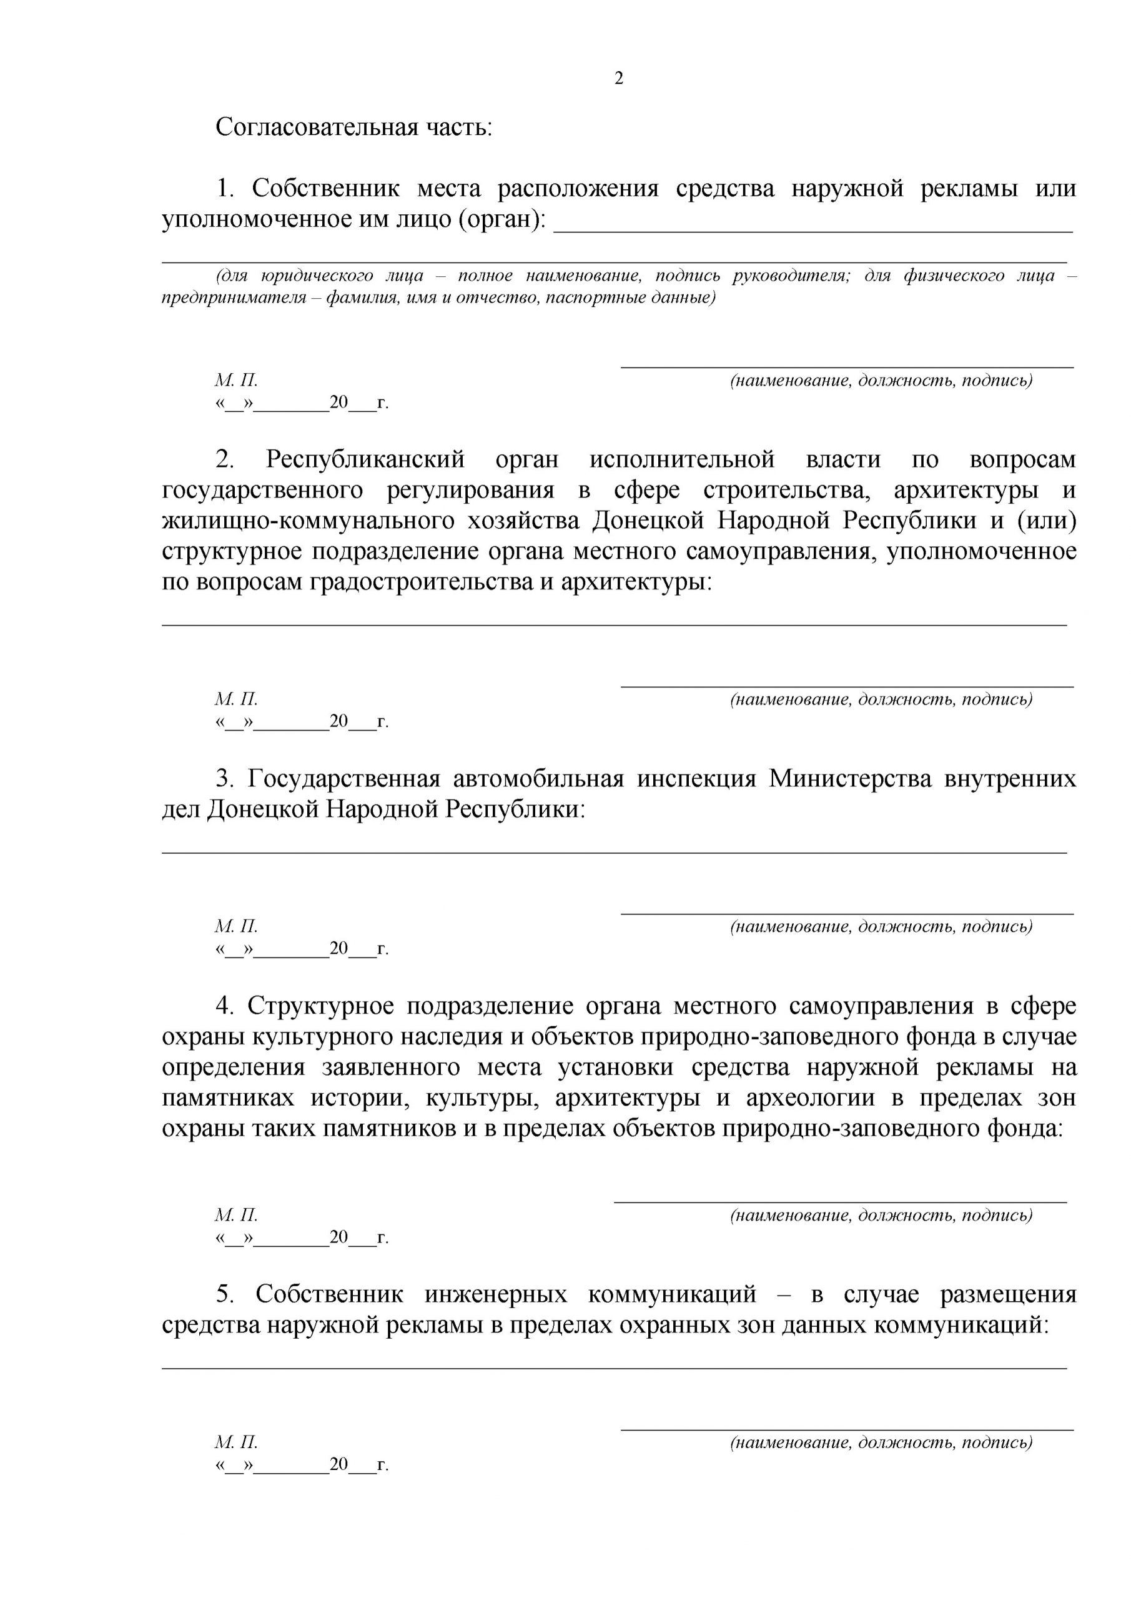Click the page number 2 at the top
tap(618, 78)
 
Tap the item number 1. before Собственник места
tap(224, 188)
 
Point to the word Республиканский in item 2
tap(365, 460)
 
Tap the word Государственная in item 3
tap(344, 778)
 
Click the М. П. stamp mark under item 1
tap(236, 381)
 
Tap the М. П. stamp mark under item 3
tap(236, 926)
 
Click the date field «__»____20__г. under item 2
tap(302, 721)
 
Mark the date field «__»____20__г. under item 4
tap(302, 1237)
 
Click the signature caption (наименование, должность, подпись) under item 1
tap(881, 381)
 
